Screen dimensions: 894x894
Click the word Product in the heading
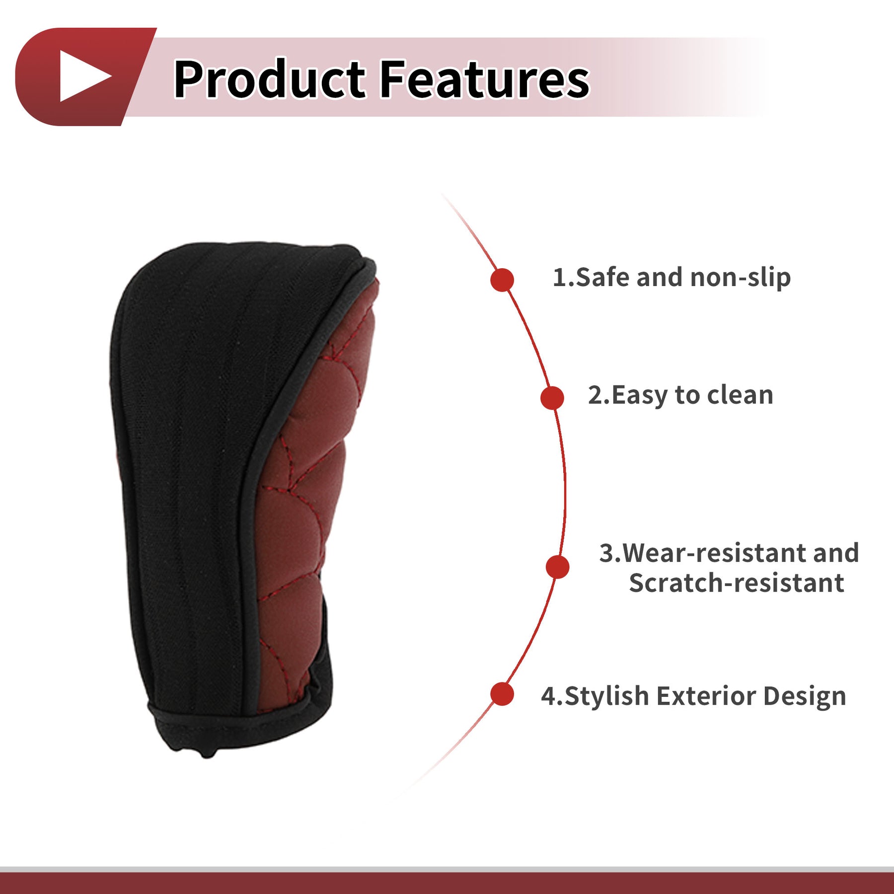coord(270,78)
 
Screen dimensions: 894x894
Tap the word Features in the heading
coord(484,78)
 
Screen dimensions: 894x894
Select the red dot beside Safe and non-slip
coord(502,280)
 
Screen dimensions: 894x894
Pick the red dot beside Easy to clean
coord(552,398)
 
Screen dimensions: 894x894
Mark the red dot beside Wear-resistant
coord(557,567)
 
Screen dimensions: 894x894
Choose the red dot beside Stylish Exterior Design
coord(502,694)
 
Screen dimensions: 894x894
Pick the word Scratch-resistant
coord(737,583)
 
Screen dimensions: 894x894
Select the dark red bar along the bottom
coord(447,883)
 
